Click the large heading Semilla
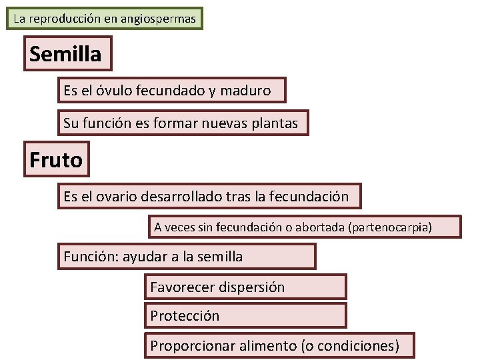(x=65, y=54)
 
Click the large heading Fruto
(x=56, y=160)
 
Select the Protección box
(x=185, y=316)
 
